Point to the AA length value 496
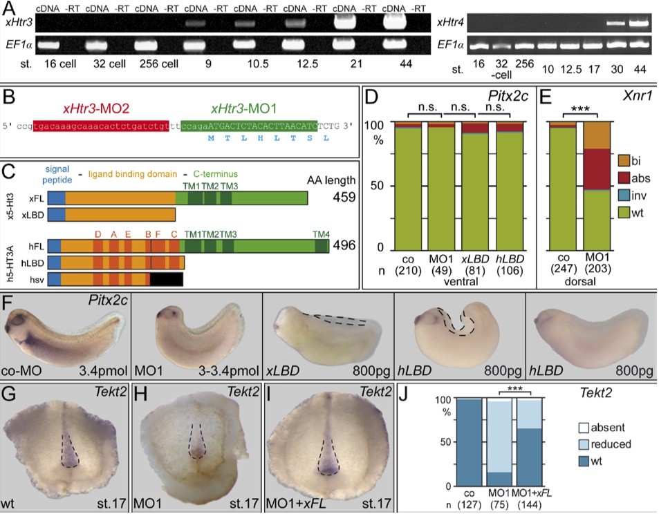coord(344,246)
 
